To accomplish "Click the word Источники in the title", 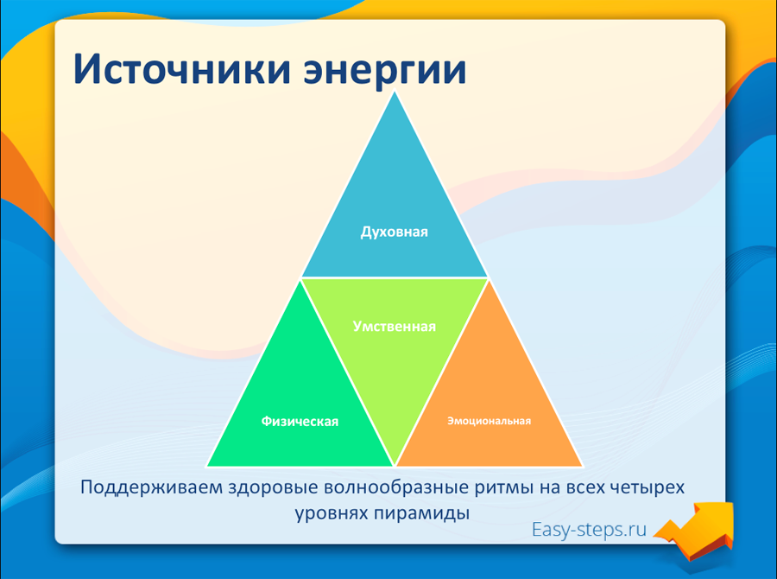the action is pyautogui.click(x=181, y=68).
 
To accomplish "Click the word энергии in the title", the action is pyautogui.click(x=385, y=73).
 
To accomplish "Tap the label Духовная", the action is pyautogui.click(x=394, y=232).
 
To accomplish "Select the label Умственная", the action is pyautogui.click(x=395, y=327).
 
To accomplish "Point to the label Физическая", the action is pyautogui.click(x=300, y=421).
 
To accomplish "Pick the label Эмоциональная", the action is pyautogui.click(x=490, y=421).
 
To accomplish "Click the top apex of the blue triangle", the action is pyautogui.click(x=395, y=92).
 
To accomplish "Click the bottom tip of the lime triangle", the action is pyautogui.click(x=395, y=466).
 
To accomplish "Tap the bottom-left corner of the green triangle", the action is pyautogui.click(x=207, y=466).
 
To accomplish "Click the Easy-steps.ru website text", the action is pyautogui.click(x=589, y=530).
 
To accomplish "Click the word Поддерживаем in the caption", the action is pyautogui.click(x=152, y=487).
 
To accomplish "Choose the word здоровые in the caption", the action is pyautogui.click(x=273, y=487).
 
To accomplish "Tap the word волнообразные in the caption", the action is pyautogui.click(x=396, y=487).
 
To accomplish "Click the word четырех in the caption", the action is pyautogui.click(x=647, y=488).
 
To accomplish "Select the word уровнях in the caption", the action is pyautogui.click(x=332, y=513).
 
